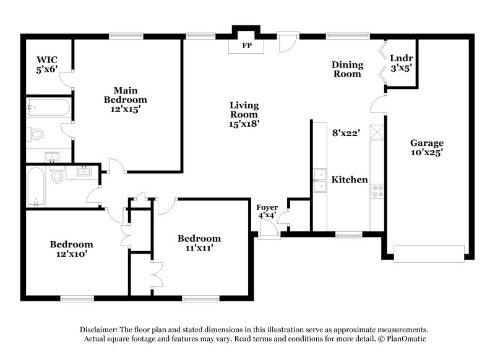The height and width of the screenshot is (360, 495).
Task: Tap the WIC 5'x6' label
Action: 46,64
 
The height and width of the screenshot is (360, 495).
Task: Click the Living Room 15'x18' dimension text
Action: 244,123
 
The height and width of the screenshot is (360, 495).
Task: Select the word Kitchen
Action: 350,180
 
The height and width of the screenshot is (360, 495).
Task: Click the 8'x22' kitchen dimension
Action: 346,132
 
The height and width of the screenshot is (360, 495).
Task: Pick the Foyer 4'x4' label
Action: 268,211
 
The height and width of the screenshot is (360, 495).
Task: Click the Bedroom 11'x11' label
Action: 199,244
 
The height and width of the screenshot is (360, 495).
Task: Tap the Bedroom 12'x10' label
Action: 71,249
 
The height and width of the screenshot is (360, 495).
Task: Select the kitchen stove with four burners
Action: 377,191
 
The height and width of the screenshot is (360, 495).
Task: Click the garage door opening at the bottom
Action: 428,254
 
